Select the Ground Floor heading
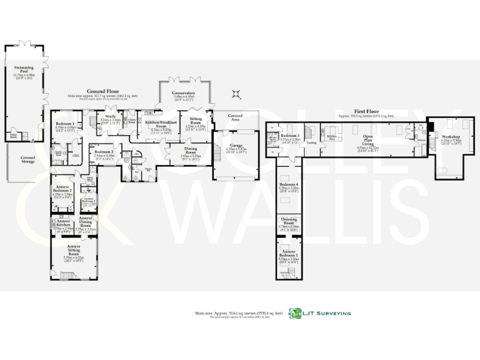pyautogui.click(x=103, y=92)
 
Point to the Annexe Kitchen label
pyautogui.click(x=63, y=223)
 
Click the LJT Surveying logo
pyautogui.click(x=319, y=314)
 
